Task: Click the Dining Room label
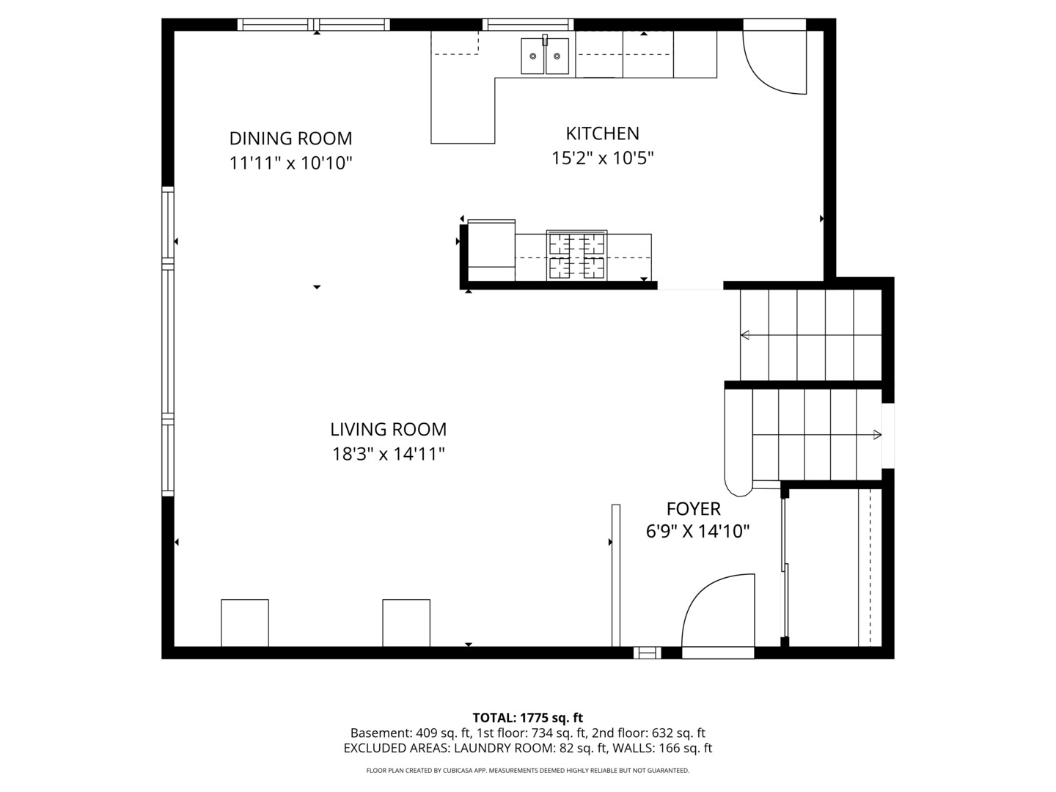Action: point(290,139)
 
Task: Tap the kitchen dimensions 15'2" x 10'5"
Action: point(602,158)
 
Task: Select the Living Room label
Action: point(388,430)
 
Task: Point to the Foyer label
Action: point(693,509)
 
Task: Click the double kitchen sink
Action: point(545,56)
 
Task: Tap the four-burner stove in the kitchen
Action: point(576,256)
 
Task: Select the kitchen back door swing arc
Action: point(774,62)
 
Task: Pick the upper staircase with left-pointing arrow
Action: point(810,335)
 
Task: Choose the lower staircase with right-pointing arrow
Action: point(816,435)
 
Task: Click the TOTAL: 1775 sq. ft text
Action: point(527,718)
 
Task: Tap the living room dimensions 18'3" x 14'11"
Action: point(388,455)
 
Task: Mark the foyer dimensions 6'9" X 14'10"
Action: point(697,532)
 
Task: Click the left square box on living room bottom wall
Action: point(245,623)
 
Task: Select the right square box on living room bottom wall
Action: point(406,623)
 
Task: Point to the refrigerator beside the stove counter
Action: point(491,250)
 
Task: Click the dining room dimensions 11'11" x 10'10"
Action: point(290,163)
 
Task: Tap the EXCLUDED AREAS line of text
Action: point(527,749)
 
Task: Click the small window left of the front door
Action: point(647,653)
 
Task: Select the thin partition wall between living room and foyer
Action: point(616,575)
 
